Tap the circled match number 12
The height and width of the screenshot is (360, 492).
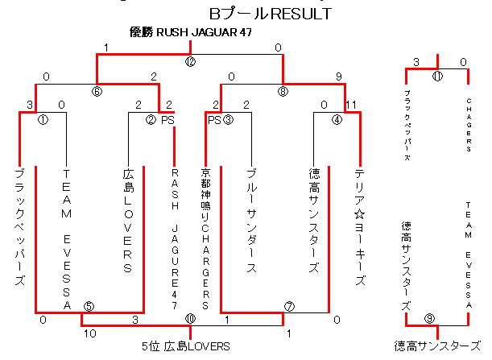[190, 61]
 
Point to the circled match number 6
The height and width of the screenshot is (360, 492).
[97, 91]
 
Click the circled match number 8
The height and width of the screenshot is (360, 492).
[283, 91]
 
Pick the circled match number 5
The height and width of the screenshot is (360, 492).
[89, 306]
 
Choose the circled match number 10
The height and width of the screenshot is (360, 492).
[190, 320]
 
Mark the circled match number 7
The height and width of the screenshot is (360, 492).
[290, 306]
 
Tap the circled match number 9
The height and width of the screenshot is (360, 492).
[430, 319]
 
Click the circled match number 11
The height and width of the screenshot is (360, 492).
[437, 77]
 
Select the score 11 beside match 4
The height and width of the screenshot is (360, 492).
[350, 105]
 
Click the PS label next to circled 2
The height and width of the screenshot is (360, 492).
[167, 120]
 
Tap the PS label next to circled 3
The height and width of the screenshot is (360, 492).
[213, 120]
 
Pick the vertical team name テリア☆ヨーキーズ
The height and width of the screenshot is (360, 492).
[360, 226]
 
